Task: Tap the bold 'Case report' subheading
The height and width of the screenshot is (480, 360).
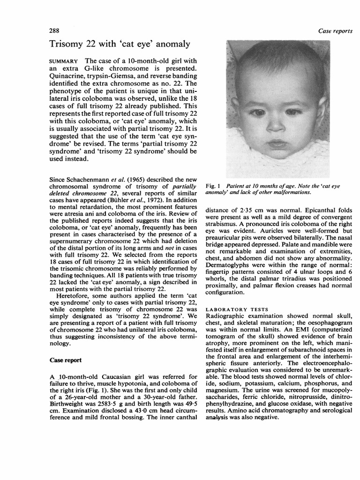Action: coord(66,360)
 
